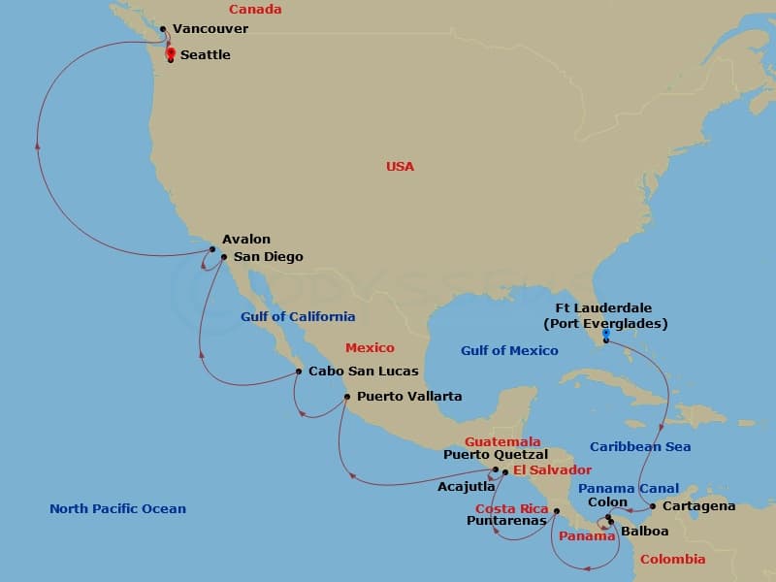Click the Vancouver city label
tap(210, 29)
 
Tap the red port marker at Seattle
tap(171, 52)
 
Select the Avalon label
tap(246, 239)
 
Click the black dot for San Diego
tap(224, 257)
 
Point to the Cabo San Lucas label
tap(364, 371)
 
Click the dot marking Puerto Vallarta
tap(347, 396)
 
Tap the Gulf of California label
tap(298, 316)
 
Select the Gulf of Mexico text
tap(509, 350)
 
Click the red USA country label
tap(400, 166)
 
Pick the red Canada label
tap(255, 10)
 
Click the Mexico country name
tap(370, 347)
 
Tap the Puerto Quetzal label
tap(496, 454)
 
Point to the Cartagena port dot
tap(653, 505)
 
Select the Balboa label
tap(645, 532)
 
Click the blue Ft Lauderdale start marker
tap(605, 333)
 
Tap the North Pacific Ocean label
tap(117, 508)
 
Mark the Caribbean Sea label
tap(640, 446)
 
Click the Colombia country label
tap(673, 560)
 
